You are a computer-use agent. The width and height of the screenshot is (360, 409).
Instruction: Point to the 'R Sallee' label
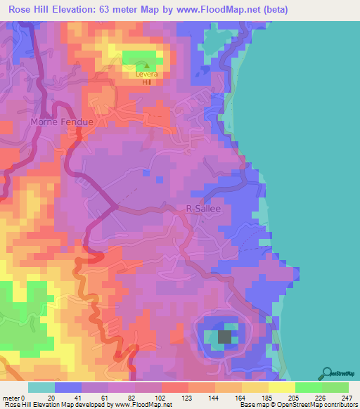point(204,209)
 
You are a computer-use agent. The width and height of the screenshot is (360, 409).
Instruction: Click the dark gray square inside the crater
point(225,337)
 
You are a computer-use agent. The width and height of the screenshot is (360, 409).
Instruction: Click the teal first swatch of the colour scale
point(41,387)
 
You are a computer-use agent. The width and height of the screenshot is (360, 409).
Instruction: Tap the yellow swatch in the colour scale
point(282,387)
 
